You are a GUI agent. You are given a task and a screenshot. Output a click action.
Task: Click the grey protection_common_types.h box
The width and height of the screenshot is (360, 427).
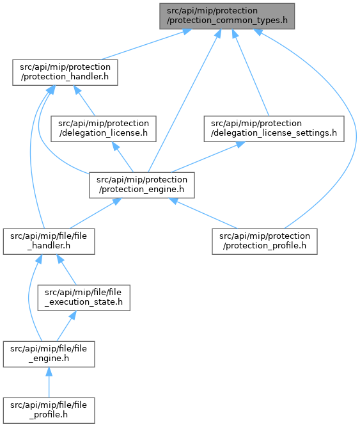(x=227, y=16)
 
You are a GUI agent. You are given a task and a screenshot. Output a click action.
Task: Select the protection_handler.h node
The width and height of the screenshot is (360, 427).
(x=65, y=72)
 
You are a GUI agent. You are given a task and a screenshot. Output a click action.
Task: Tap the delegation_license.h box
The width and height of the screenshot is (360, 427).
(x=104, y=129)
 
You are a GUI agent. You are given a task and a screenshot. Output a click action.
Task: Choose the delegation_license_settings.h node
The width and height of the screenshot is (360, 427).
(x=274, y=129)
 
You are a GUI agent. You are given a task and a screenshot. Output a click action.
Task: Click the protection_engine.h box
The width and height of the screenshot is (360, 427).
(x=142, y=185)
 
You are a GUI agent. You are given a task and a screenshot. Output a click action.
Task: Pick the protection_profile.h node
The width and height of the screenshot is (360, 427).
(x=265, y=241)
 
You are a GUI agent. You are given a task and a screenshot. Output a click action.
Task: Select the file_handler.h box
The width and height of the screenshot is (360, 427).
(x=49, y=241)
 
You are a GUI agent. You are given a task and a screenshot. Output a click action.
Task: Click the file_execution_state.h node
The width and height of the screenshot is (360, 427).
(x=84, y=298)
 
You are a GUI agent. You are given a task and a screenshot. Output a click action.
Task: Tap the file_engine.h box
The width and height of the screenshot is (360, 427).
(x=49, y=354)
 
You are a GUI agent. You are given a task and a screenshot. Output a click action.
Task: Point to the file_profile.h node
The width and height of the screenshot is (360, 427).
(x=49, y=410)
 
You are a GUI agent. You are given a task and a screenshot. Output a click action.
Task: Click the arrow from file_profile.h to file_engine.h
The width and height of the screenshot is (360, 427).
(x=49, y=382)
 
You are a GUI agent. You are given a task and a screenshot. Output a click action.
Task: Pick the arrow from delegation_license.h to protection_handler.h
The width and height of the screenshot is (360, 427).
(x=84, y=101)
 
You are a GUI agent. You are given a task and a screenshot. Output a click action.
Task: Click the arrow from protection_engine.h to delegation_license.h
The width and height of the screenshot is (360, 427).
(x=123, y=157)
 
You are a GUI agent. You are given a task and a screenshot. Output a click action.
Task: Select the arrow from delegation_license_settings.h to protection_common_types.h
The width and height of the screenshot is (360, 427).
(x=251, y=72)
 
